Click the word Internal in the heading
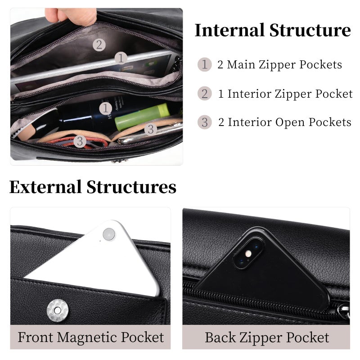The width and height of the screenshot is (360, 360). [229, 30]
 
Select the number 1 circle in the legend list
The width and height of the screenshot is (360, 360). [204, 64]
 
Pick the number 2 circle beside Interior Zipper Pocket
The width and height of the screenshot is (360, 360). [204, 94]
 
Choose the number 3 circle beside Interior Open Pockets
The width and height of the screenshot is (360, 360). [204, 122]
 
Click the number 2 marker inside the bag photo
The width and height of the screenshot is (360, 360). [99, 45]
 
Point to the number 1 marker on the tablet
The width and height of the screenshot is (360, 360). [121, 58]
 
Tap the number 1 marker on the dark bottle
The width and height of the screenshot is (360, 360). [106, 108]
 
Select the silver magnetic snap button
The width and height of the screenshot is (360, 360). [58, 310]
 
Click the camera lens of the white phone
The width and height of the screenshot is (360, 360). [109, 234]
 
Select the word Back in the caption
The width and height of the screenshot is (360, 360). [220, 337]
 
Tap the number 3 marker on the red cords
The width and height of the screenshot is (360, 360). [80, 141]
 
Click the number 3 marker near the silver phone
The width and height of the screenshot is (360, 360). [151, 129]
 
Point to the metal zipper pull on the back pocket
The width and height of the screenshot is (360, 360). [344, 311]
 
